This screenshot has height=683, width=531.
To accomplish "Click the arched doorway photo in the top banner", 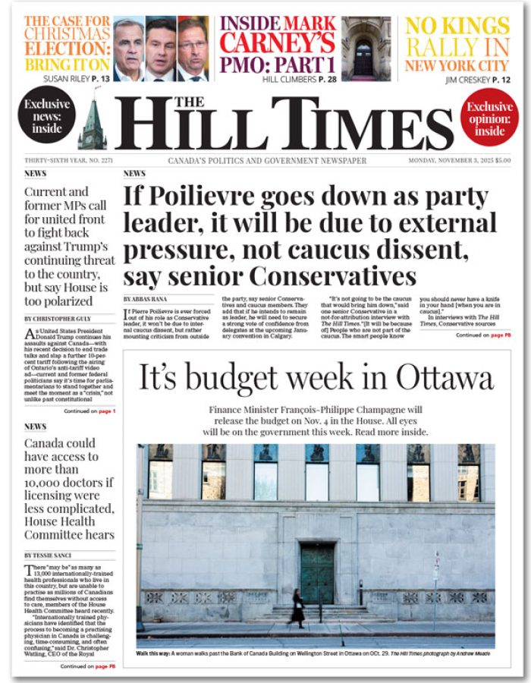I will pyautogui.click(x=366, y=49).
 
